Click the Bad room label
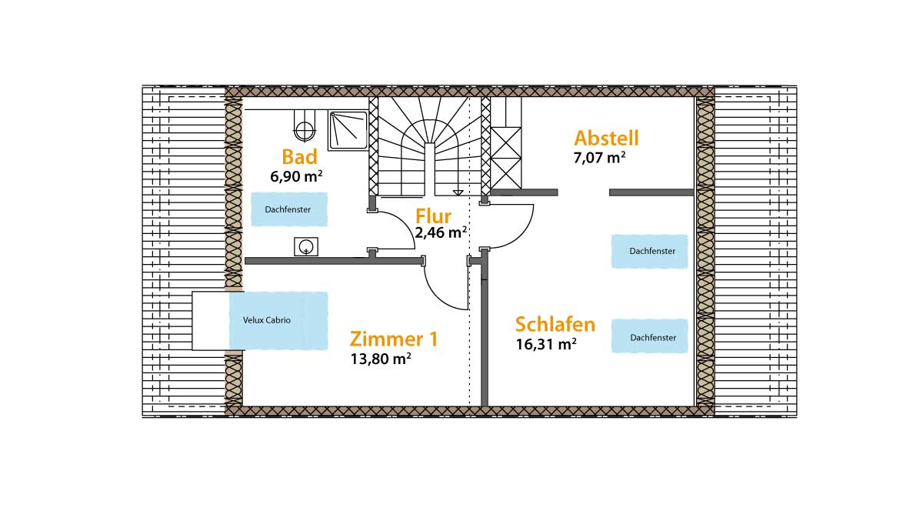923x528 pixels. click(299, 157)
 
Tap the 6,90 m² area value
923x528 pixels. click(296, 176)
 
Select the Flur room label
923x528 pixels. click(433, 216)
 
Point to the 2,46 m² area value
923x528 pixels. click(441, 232)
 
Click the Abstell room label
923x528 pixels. click(606, 139)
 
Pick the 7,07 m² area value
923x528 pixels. click(599, 158)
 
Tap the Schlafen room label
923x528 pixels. click(555, 324)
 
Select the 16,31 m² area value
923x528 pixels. click(546, 344)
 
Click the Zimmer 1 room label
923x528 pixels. click(394, 339)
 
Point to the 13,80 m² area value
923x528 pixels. click(380, 358)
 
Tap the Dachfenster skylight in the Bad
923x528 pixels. click(288, 209)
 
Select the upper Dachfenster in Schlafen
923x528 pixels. click(649, 252)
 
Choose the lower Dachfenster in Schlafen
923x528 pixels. click(649, 337)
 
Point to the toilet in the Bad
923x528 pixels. click(305, 127)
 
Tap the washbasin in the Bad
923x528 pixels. click(306, 246)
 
